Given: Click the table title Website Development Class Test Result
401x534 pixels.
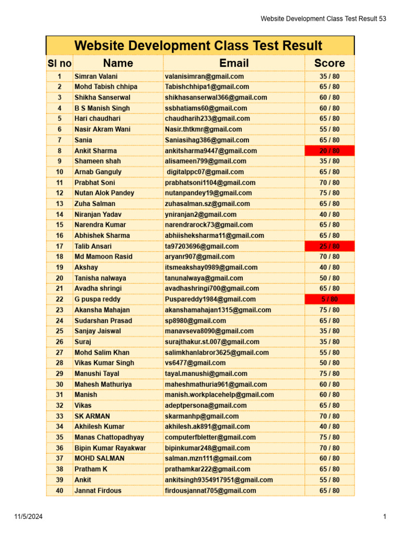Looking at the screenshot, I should (x=198, y=45).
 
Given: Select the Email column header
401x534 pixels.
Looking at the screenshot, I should (x=234, y=63).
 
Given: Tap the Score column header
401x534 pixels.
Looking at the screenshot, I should (x=329, y=63).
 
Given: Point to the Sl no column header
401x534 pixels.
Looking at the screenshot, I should (x=60, y=63).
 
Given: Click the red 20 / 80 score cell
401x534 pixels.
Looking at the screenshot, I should (x=329, y=151).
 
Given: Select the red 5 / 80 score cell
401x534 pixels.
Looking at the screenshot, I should (x=329, y=299).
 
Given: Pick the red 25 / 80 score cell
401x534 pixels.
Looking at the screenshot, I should (x=329, y=246).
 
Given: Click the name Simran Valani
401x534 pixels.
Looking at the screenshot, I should (x=96, y=76).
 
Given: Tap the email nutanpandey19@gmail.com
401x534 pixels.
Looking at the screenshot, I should (x=208, y=193).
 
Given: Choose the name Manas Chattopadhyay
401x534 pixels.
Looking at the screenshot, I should (x=109, y=437).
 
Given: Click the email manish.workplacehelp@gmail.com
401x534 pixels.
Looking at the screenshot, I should (x=219, y=395).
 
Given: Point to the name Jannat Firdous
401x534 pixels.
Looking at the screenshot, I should (x=98, y=490).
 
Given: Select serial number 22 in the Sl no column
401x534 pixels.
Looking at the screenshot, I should (x=60, y=299).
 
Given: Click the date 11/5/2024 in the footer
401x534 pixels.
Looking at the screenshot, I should (x=28, y=517).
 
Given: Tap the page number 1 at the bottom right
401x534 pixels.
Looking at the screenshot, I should (x=384, y=517).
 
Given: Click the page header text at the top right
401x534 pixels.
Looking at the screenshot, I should (x=324, y=19).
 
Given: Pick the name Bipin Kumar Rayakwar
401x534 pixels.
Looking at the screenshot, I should (x=110, y=448).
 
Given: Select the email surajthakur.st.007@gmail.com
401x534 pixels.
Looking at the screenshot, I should (x=211, y=342).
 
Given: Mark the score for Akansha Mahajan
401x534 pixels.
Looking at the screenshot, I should (x=329, y=310).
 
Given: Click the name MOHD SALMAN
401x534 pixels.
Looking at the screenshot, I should (x=99, y=458).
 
